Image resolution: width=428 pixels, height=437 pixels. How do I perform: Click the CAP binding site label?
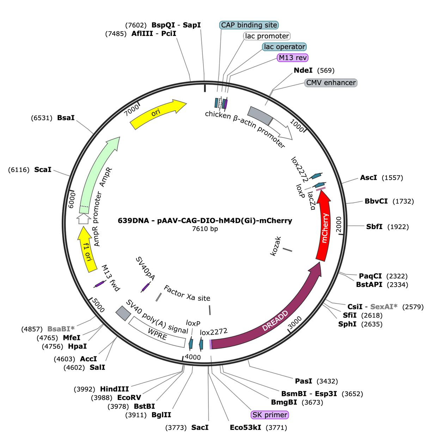tap(249, 25)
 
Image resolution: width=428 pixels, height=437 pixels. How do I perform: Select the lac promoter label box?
tap(267, 36)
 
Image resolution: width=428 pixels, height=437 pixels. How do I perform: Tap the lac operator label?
tap(284, 47)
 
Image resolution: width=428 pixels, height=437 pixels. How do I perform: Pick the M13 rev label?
tap(293, 57)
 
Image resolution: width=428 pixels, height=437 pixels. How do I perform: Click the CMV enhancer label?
tap(331, 83)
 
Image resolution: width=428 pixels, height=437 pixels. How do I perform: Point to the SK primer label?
tap(270, 415)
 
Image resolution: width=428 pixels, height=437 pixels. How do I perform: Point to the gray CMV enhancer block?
tap(259, 115)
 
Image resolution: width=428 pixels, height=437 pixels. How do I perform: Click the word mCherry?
tap(325, 228)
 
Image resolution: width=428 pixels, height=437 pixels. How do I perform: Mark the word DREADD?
tap(275, 321)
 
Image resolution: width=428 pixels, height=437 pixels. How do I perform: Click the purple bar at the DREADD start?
tap(210, 344)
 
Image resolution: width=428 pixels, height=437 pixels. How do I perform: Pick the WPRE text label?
tap(157, 334)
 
